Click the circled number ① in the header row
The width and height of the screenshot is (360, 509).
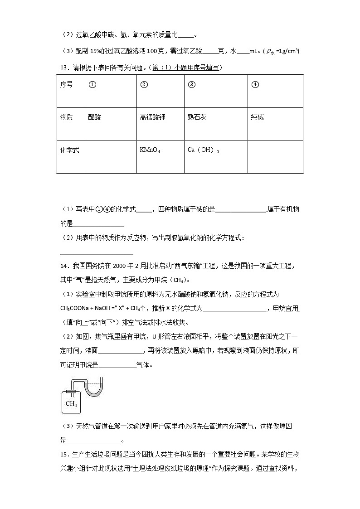(x=92, y=84)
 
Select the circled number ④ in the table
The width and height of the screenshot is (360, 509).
(x=255, y=84)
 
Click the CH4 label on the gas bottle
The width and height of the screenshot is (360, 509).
(x=71, y=403)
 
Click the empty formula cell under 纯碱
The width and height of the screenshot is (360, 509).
(x=275, y=157)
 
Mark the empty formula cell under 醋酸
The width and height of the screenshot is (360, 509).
(x=110, y=157)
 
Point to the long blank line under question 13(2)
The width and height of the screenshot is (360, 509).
(x=97, y=254)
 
